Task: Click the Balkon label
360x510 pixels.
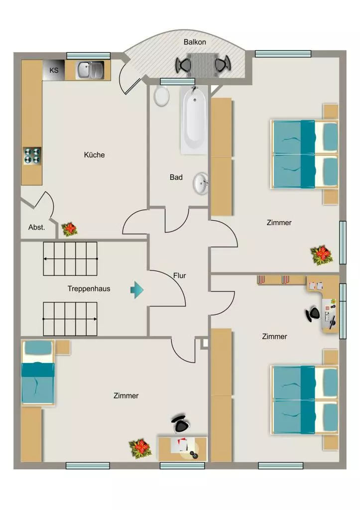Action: click(x=195, y=42)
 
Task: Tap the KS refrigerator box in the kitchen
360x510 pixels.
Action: click(x=54, y=70)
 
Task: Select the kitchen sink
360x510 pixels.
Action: click(x=90, y=70)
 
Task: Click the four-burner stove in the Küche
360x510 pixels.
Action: click(x=32, y=156)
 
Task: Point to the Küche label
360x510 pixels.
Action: click(x=94, y=155)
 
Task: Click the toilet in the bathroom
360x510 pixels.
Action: click(x=161, y=96)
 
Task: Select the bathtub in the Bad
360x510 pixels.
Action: click(x=194, y=120)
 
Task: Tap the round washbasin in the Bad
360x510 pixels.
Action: click(x=201, y=184)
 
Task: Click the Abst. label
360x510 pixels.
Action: click(x=36, y=227)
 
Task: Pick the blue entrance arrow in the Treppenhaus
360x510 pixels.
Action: click(x=137, y=289)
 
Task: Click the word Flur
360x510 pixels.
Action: click(x=180, y=275)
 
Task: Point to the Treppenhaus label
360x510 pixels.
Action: click(x=89, y=288)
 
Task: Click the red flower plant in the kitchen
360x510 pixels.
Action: click(x=69, y=229)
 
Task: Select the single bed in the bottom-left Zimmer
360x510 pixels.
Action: click(x=38, y=373)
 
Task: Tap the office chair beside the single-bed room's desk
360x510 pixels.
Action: click(x=181, y=423)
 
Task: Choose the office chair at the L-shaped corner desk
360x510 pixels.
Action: click(x=313, y=314)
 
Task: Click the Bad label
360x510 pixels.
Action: click(x=176, y=177)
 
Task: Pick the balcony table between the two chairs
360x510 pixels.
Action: click(x=203, y=65)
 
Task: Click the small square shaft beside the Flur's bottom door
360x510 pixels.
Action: click(x=205, y=343)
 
